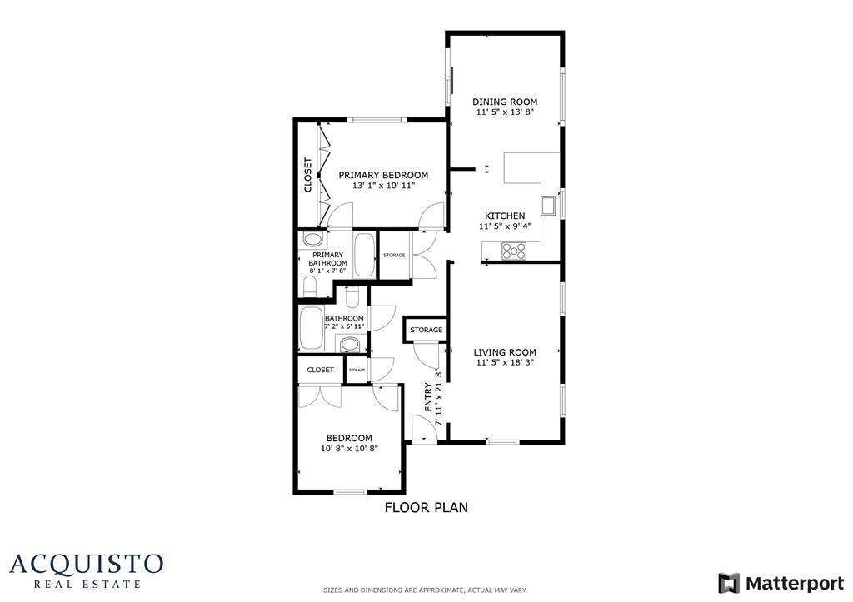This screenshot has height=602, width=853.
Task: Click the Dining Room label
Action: pyautogui.click(x=504, y=102)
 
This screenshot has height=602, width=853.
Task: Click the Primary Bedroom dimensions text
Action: pyautogui.click(x=383, y=186)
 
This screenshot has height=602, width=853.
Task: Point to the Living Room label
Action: pyautogui.click(x=504, y=352)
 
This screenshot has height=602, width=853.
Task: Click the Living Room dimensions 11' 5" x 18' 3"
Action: pyautogui.click(x=504, y=363)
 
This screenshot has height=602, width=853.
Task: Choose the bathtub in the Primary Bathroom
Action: pyautogui.click(x=365, y=256)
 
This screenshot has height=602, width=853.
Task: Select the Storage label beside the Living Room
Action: pyautogui.click(x=426, y=331)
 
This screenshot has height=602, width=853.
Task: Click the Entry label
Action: pyautogui.click(x=429, y=397)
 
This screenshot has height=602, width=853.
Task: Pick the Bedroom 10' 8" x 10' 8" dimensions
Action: pyautogui.click(x=349, y=449)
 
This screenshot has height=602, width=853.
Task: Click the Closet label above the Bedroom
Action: pyautogui.click(x=320, y=370)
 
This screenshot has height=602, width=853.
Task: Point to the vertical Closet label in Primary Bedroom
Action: pyautogui.click(x=307, y=175)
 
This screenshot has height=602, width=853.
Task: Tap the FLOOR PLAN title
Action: pyautogui.click(x=426, y=507)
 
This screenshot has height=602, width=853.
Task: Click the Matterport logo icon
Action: pyautogui.click(x=729, y=583)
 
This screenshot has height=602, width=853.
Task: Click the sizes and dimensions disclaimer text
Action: pyautogui.click(x=425, y=590)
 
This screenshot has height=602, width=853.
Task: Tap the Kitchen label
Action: pyautogui.click(x=505, y=216)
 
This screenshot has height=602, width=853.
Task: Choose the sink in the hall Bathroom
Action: pyautogui.click(x=350, y=345)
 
